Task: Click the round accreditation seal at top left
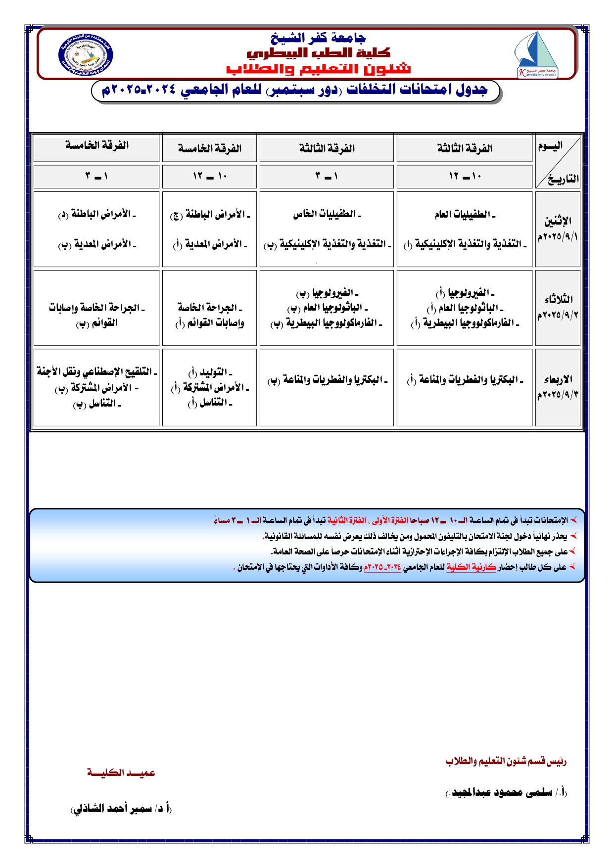pyautogui.click(x=85, y=55)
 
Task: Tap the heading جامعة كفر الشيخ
pyautogui.click(x=318, y=38)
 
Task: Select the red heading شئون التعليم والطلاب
pyautogui.click(x=318, y=68)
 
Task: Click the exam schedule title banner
pyautogui.click(x=295, y=91)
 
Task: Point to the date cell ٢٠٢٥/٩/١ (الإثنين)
pyautogui.click(x=558, y=236)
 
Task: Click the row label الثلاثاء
pyautogui.click(x=558, y=299)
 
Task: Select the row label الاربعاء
pyautogui.click(x=558, y=379)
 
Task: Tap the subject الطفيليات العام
pyautogui.click(x=465, y=214)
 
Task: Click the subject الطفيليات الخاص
pyautogui.click(x=327, y=214)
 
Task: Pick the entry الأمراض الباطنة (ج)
pyautogui.click(x=210, y=215)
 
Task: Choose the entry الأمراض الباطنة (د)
pyautogui.click(x=96, y=214)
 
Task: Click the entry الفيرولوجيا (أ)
pyautogui.click(x=465, y=293)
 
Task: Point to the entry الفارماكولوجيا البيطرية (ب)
pyautogui.click(x=327, y=323)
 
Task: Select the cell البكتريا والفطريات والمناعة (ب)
pyautogui.click(x=327, y=380)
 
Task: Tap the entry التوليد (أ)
pyautogui.click(x=210, y=372)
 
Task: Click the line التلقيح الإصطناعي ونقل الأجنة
pyautogui.click(x=97, y=371)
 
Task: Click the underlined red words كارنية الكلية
pyautogui.click(x=471, y=567)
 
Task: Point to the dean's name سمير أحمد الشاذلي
pyautogui.click(x=121, y=809)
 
